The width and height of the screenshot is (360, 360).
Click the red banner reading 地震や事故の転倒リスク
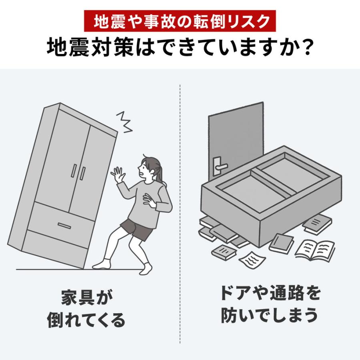coord(180,21)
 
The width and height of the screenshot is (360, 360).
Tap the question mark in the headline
coord(306,48)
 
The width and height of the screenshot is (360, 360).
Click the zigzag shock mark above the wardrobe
coord(125,122)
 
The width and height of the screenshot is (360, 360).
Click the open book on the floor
coord(315,250)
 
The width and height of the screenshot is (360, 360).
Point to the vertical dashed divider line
coord(180,212)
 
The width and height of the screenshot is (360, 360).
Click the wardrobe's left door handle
coord(74,171)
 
